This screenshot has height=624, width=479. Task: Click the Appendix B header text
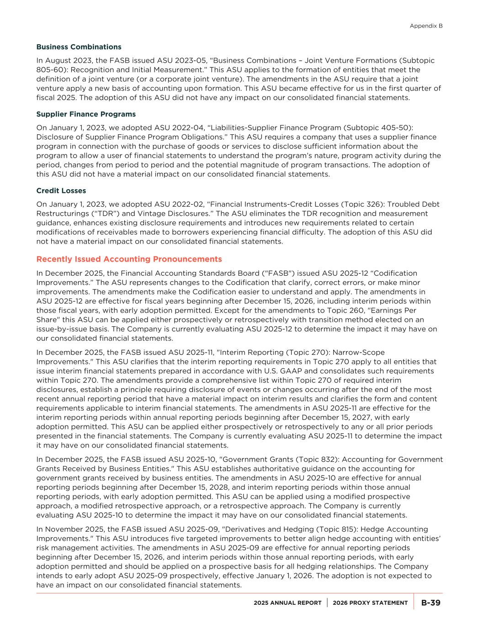(x=426, y=26)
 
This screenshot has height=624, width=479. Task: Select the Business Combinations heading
(x=79, y=47)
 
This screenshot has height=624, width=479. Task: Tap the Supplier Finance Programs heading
(x=86, y=114)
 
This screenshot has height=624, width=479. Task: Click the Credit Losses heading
(x=61, y=191)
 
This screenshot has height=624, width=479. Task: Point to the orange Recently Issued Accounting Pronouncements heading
(x=129, y=259)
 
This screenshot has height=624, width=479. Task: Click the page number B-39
(x=431, y=603)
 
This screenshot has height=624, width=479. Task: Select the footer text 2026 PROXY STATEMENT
(x=370, y=603)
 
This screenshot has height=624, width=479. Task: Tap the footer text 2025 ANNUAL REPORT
(x=287, y=603)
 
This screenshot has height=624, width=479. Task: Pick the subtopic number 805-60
(x=48, y=70)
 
